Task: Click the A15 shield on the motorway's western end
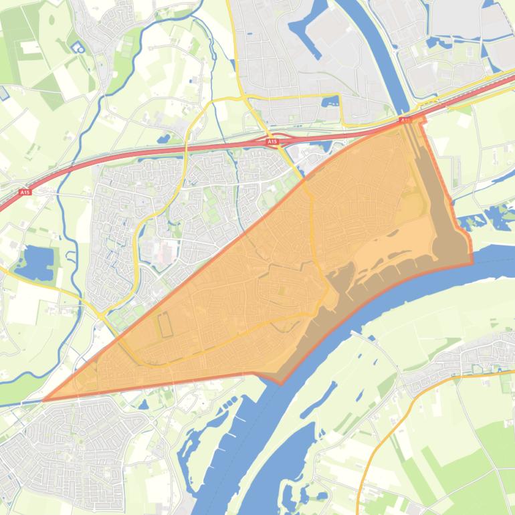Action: tap(25, 193)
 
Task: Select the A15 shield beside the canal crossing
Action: tap(405, 120)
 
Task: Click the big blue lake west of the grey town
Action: tap(33, 262)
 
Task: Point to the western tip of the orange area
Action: tap(45, 400)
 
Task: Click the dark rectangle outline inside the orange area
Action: tap(164, 324)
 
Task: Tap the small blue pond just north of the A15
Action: tap(163, 139)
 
